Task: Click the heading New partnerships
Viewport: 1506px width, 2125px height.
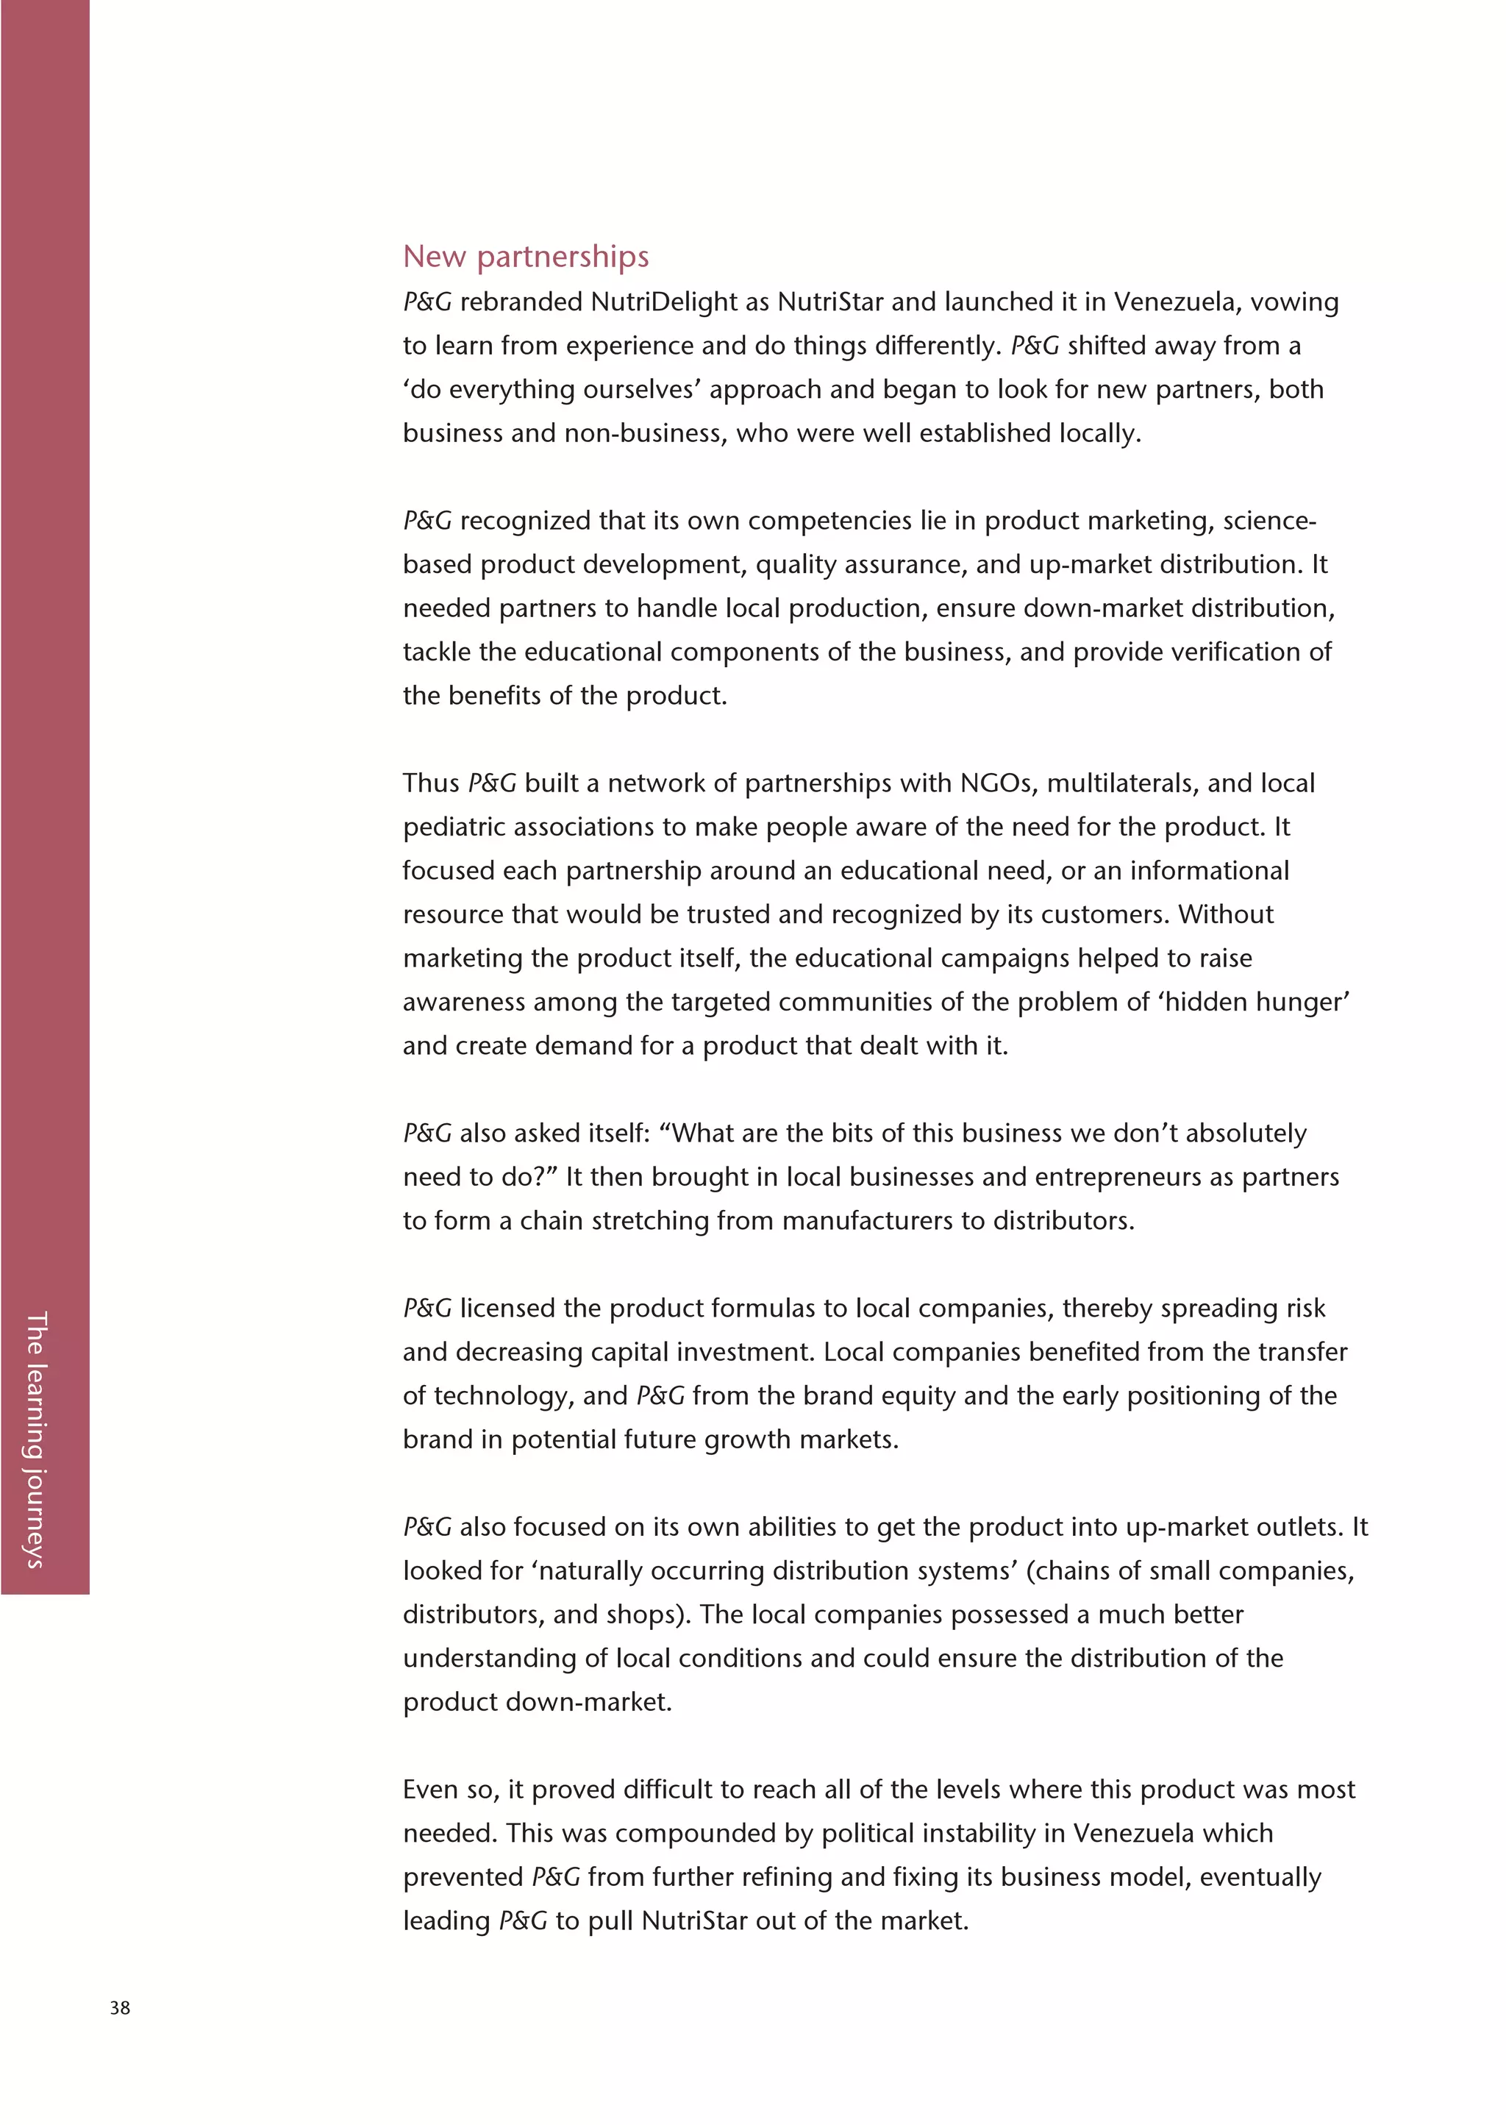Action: click(525, 256)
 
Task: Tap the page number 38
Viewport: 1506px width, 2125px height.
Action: click(120, 2007)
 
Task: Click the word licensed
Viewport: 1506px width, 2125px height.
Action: click(507, 1308)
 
